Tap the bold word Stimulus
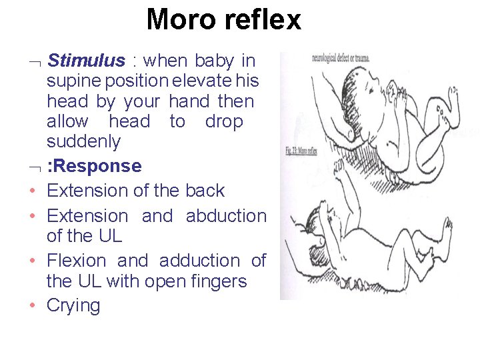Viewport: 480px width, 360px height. [87, 61]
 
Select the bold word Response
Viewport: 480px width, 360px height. [96, 165]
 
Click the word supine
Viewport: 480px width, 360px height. [73, 81]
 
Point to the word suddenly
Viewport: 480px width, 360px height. [83, 141]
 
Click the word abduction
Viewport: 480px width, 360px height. [225, 216]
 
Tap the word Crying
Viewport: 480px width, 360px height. [73, 306]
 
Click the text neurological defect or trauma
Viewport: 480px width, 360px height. [340, 59]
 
